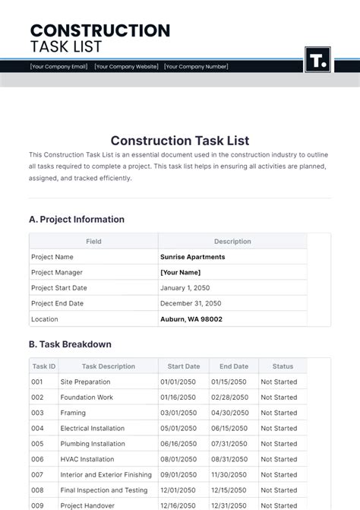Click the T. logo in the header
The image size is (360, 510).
click(x=317, y=60)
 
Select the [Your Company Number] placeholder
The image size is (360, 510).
click(x=196, y=67)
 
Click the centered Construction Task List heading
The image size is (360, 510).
click(x=180, y=141)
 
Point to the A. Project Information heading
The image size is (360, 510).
click(x=77, y=220)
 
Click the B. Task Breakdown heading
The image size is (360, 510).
click(x=71, y=344)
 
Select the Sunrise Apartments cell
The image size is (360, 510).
click(x=192, y=257)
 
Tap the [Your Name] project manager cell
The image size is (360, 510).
click(x=180, y=272)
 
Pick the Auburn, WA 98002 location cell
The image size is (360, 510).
click(x=191, y=319)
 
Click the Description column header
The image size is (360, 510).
click(x=232, y=242)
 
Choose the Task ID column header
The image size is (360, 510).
click(x=44, y=366)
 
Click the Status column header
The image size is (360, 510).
click(x=283, y=366)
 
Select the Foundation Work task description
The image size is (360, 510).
click(x=87, y=398)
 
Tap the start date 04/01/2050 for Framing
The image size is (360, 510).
click(x=178, y=413)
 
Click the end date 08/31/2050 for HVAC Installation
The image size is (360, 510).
click(x=229, y=459)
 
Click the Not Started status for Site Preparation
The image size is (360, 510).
click(x=279, y=382)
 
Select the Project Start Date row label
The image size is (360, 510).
click(x=59, y=288)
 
